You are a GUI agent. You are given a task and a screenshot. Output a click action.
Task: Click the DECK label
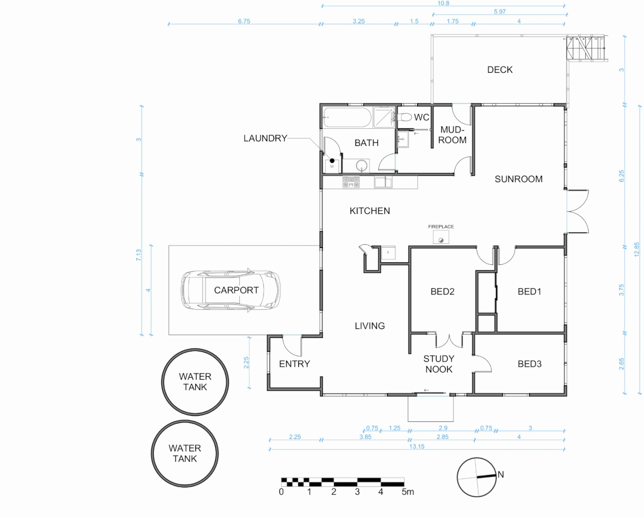500,70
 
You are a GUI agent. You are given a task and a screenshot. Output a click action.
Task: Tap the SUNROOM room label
518,179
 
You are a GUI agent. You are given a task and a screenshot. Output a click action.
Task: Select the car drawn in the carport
231,290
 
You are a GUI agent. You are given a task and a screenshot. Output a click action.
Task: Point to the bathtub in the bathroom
348,118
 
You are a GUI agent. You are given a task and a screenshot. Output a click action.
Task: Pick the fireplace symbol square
441,237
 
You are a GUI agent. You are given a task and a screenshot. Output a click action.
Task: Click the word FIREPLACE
441,226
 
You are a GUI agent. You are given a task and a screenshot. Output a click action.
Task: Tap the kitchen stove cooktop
351,182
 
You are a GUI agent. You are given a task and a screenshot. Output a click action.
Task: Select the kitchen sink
383,182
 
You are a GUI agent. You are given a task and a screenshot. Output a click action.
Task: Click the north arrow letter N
501,474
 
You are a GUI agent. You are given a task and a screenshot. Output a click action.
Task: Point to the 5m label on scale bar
407,492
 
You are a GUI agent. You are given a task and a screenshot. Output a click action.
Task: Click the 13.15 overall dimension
417,446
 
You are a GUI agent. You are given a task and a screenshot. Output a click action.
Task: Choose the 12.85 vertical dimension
636,249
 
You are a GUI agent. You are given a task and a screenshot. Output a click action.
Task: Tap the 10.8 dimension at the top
443,3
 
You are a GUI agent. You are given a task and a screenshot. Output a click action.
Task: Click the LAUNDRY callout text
265,138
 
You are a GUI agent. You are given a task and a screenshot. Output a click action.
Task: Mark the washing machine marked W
332,167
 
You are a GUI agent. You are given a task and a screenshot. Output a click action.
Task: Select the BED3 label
530,364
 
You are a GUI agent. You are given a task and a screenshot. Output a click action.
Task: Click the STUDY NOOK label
439,364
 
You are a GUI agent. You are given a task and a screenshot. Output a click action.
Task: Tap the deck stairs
586,48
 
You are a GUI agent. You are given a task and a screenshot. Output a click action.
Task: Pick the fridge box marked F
388,253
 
